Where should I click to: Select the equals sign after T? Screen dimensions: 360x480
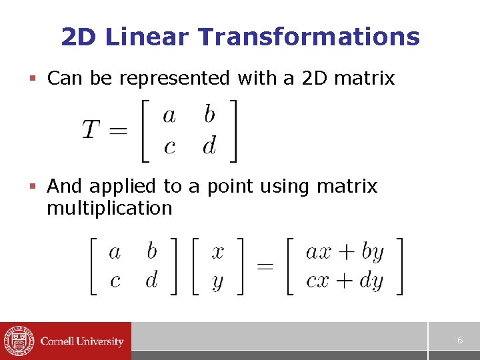117,130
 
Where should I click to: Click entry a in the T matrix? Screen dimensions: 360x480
169,116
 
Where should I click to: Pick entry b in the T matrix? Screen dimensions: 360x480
209,115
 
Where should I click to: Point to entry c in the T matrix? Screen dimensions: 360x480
169,146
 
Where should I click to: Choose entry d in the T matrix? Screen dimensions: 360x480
209,145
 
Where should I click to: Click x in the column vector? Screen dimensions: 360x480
217,253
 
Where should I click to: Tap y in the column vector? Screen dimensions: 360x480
217,281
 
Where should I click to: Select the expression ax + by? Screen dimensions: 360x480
345,253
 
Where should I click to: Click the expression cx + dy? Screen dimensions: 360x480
345,280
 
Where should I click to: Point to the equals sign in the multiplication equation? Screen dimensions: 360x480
265,267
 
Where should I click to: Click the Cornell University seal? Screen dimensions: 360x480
18,341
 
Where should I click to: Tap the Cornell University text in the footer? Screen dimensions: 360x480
82,341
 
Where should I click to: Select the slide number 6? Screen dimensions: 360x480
460,340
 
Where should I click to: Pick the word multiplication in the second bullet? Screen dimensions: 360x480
109,208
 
